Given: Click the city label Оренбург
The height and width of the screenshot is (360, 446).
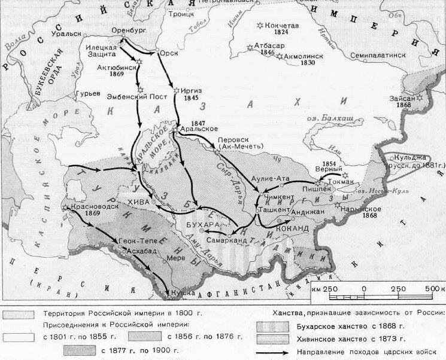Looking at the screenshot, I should point(128,30).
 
